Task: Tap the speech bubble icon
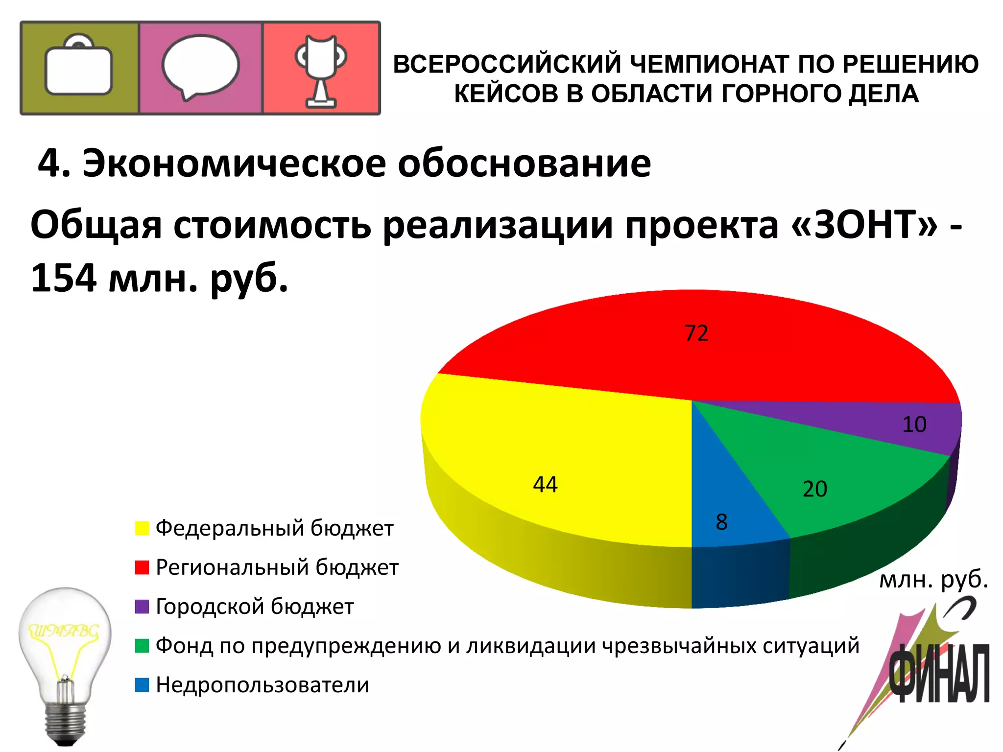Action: [x=200, y=67]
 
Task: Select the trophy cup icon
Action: [x=321, y=69]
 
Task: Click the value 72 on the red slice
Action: [x=696, y=333]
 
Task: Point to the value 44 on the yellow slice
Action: [x=545, y=485]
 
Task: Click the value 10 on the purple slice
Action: [x=914, y=424]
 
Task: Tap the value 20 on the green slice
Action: [x=815, y=489]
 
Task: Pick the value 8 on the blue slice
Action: [x=722, y=522]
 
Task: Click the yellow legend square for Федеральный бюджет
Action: [x=142, y=528]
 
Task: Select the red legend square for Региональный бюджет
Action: [x=142, y=567]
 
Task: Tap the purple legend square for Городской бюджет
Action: [x=142, y=607]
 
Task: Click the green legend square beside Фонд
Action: [x=142, y=646]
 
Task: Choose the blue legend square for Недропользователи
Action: [x=142, y=685]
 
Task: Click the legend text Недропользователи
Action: [x=263, y=685]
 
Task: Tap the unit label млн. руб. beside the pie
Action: [x=933, y=580]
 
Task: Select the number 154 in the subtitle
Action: [x=64, y=278]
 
